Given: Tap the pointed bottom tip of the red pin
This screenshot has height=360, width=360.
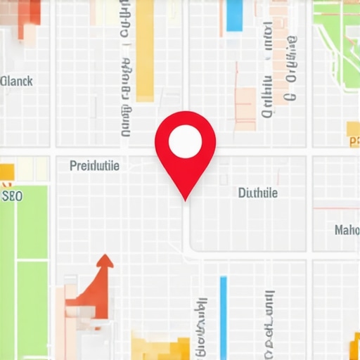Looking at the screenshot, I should pyautogui.click(x=186, y=200).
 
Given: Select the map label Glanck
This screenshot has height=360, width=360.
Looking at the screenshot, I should pyautogui.click(x=17, y=81).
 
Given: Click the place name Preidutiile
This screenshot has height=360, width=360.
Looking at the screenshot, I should pyautogui.click(x=94, y=167).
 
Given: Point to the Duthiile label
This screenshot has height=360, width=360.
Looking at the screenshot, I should pyautogui.click(x=257, y=193).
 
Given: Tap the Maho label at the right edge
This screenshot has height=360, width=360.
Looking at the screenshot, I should pyautogui.click(x=347, y=230).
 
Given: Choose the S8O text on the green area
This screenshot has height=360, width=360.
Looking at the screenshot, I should pyautogui.click(x=12, y=196).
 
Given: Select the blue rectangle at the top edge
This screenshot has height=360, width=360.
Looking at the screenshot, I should pyautogui.click(x=234, y=15).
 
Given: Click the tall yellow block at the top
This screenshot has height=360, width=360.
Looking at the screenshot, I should pyautogui.click(x=145, y=49).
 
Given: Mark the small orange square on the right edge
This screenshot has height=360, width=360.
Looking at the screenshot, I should pyautogui.click(x=353, y=128).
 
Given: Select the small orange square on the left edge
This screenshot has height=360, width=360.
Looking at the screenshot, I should pyautogui.click(x=6, y=172).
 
